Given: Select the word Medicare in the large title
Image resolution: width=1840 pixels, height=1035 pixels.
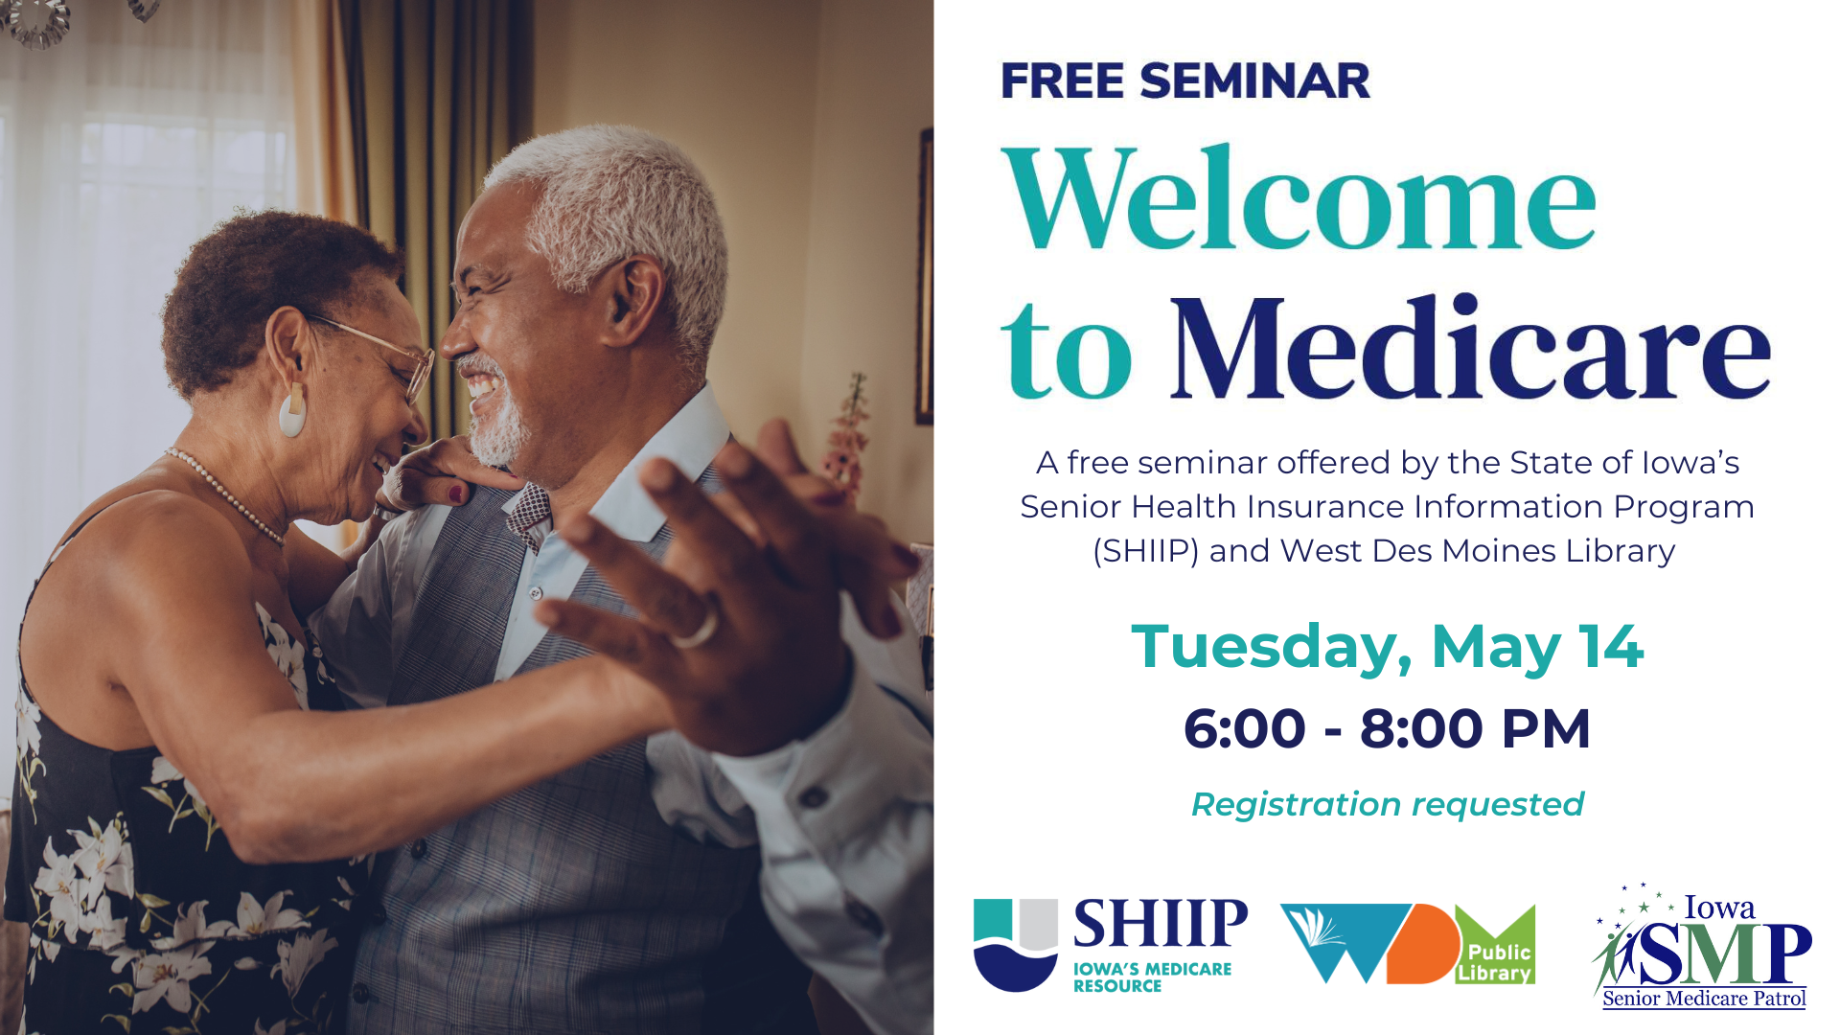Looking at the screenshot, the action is (1470, 346).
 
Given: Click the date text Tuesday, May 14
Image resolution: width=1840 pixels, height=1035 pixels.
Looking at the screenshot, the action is (1387, 647).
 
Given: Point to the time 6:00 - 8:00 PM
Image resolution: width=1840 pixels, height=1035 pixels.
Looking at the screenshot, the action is (1387, 728).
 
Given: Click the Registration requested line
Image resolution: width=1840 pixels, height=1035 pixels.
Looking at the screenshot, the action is (1387, 804).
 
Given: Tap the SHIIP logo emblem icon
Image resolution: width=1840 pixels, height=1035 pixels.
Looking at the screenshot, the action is (1016, 944).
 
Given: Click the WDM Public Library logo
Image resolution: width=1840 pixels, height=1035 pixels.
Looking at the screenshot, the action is (1408, 944).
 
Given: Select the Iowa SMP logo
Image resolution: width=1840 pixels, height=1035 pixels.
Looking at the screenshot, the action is (1702, 946).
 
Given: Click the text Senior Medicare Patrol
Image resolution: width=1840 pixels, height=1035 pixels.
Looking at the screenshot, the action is (1704, 999).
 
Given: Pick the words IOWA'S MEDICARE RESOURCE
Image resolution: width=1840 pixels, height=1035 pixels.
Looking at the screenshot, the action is (1152, 977).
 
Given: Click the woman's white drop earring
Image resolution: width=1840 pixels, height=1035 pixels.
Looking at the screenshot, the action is (292, 410).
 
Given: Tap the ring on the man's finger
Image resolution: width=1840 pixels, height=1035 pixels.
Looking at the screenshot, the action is (697, 630).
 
